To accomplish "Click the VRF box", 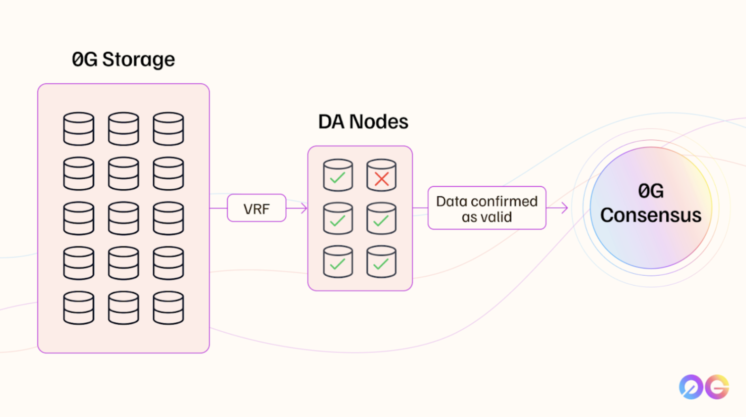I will click(x=257, y=208).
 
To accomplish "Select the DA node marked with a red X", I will click(x=381, y=175).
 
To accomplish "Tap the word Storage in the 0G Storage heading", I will click(x=138, y=60).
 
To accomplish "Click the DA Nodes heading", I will click(x=363, y=122).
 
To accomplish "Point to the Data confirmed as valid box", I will click(x=487, y=208).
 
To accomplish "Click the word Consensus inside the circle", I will click(x=651, y=216).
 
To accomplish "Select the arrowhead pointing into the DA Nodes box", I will click(x=304, y=208).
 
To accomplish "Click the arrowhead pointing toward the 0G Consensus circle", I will click(x=565, y=208).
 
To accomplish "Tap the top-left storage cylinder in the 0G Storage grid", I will click(x=78, y=129).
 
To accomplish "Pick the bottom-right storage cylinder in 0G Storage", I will click(x=168, y=308).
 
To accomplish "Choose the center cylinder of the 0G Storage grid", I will click(x=123, y=218).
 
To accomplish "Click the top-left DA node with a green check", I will click(x=338, y=175).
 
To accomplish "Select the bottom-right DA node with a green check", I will click(x=381, y=262).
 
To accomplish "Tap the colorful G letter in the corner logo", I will click(x=717, y=387).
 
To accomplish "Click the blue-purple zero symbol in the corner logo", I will click(x=691, y=387).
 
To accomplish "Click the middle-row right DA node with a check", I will click(x=381, y=219).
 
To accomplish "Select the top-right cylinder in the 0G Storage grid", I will click(x=168, y=129).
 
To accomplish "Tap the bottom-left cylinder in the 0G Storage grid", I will click(x=78, y=308).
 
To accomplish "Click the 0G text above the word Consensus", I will click(x=651, y=191).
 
